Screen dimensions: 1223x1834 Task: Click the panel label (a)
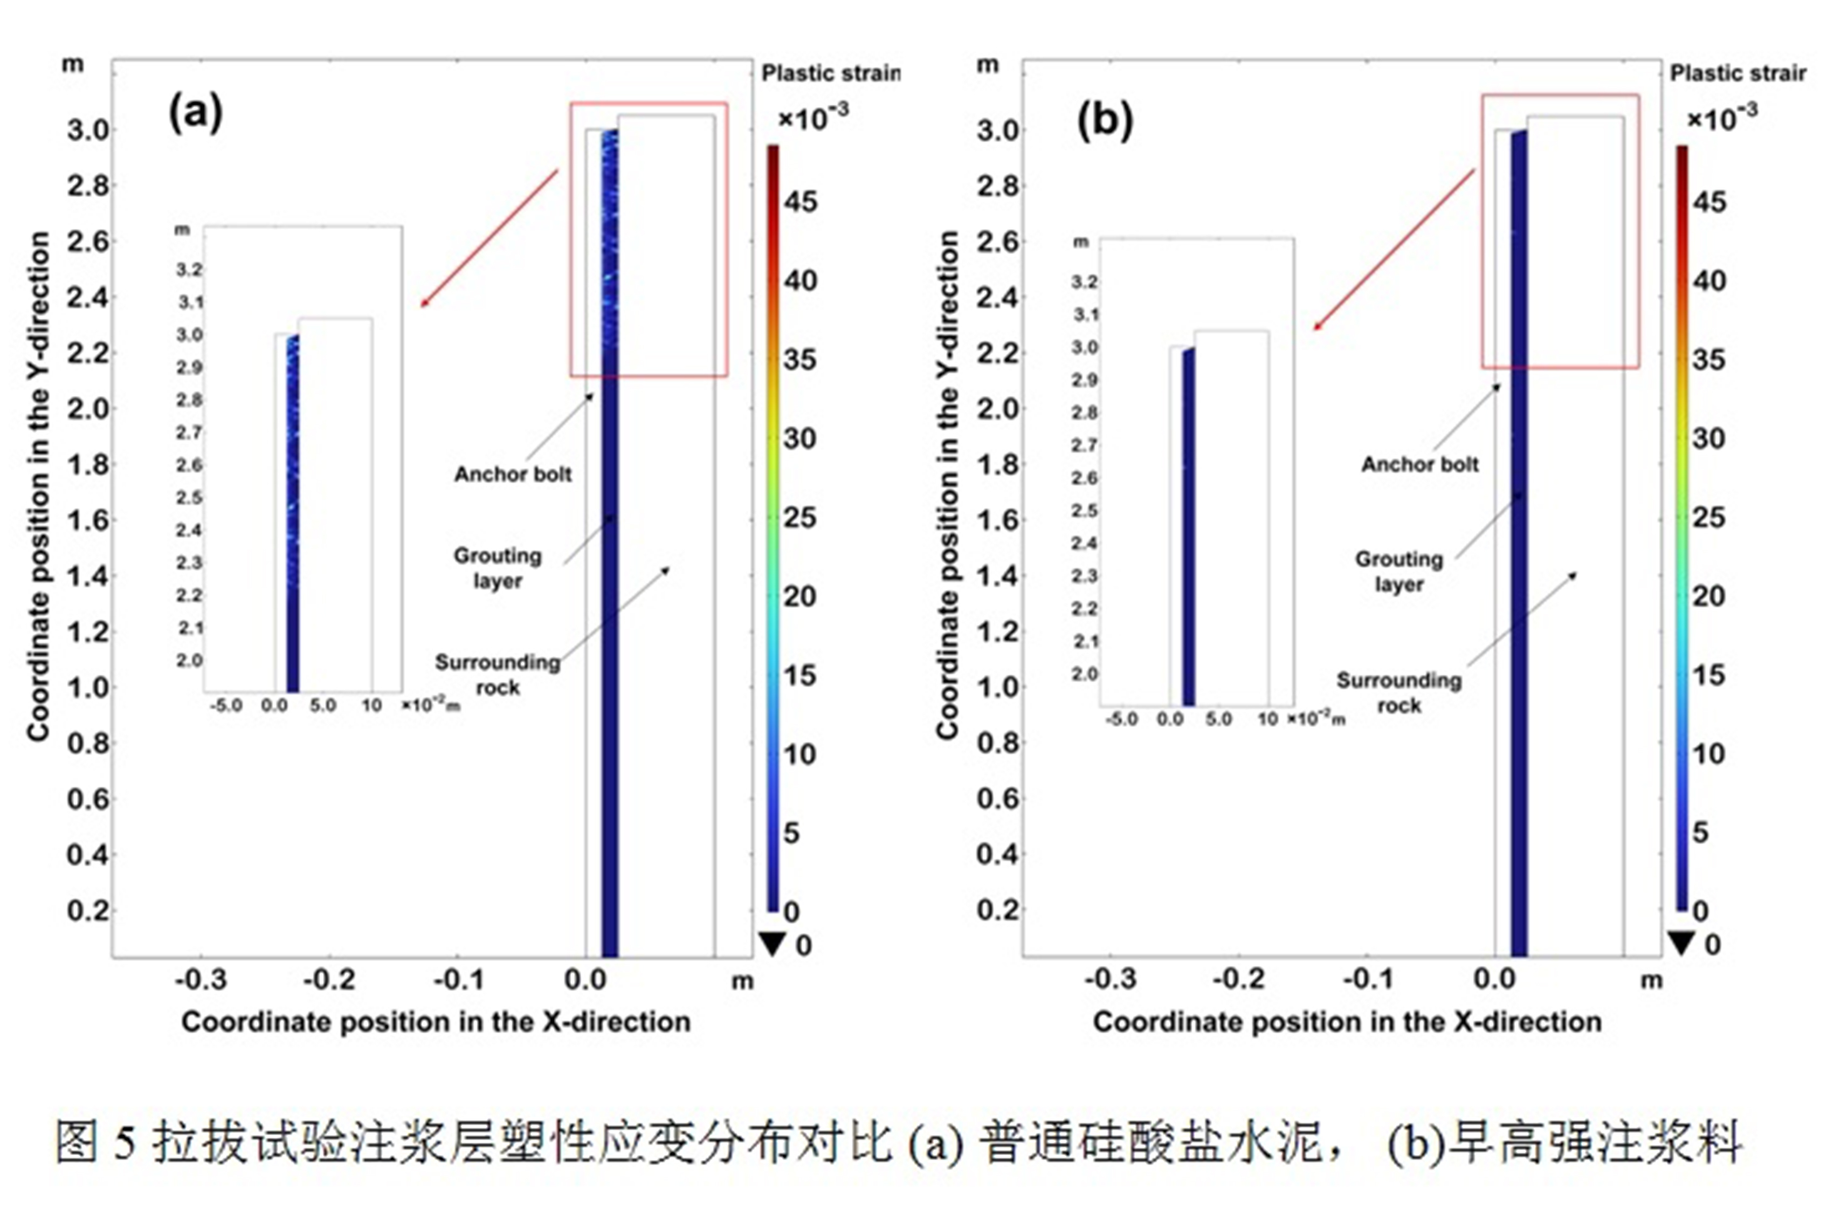coord(196,112)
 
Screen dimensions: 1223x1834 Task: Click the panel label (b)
coord(1104,120)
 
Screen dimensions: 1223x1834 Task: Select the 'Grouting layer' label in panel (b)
coord(1399,571)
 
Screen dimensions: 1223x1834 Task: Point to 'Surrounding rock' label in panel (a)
coord(498,675)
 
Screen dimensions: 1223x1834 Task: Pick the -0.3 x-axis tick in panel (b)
coord(1111,979)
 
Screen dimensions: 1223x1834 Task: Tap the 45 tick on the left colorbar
coord(800,202)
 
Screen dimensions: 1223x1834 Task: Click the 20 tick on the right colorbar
coord(1708,597)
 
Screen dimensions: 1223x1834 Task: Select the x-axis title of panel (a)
coord(436,1022)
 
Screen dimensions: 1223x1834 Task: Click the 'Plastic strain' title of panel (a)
coord(830,73)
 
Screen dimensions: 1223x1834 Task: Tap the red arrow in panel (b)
coord(1394,250)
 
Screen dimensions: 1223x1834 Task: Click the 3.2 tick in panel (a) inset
coord(189,270)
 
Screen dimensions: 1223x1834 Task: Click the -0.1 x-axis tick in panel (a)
coord(459,979)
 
